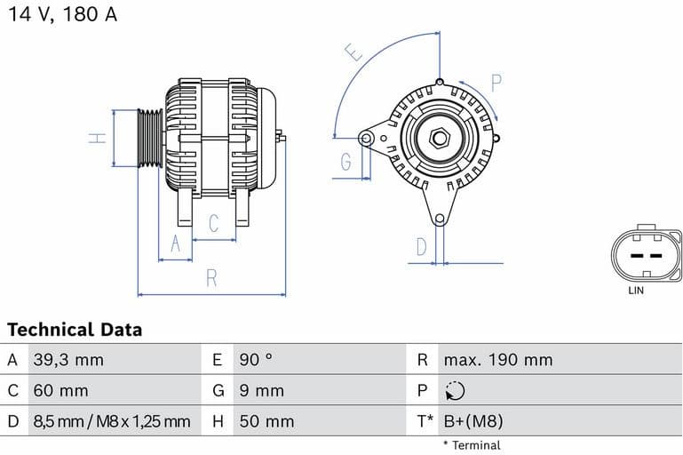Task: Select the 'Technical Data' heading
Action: coord(75,330)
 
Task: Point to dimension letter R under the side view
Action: coord(211,278)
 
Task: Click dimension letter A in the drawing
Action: coord(175,243)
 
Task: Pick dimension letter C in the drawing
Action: coord(213,223)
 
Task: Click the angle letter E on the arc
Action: coord(356,53)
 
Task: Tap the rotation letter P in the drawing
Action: coord(496,84)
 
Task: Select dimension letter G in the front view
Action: coord(345,162)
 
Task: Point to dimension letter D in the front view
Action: coord(422,246)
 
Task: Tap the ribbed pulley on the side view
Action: coord(150,138)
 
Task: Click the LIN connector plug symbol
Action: coord(646,255)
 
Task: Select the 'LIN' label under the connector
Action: coord(636,291)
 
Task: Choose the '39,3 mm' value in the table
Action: coord(68,360)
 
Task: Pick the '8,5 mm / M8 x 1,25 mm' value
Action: coord(111,421)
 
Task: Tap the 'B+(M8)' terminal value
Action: coord(473,421)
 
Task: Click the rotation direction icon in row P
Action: coord(454,391)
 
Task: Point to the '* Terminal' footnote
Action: coord(472,444)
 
